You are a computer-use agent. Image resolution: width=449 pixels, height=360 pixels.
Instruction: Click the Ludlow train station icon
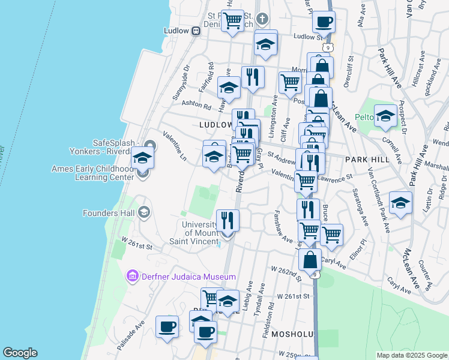196,31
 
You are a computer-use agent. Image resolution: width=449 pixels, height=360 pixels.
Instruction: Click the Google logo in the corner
20,353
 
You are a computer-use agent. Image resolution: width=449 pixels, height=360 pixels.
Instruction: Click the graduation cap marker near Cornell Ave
385,116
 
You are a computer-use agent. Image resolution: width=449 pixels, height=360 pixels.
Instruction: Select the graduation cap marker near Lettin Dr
400,203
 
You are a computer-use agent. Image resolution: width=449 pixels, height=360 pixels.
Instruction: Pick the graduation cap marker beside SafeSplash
142,158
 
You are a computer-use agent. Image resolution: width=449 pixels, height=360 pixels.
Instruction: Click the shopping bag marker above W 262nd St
310,260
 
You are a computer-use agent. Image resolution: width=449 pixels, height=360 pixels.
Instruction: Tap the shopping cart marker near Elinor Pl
331,235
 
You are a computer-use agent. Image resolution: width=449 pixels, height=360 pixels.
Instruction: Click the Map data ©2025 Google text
412,355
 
